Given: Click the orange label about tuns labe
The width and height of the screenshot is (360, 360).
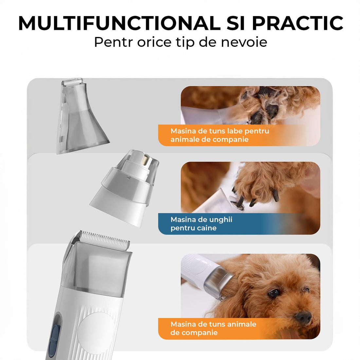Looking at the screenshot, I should point(220,135).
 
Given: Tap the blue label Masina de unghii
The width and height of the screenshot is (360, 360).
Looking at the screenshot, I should point(201,224).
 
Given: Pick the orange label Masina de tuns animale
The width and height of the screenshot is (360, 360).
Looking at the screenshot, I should point(213,328).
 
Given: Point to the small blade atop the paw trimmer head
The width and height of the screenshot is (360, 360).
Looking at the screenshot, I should point(72,80).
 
